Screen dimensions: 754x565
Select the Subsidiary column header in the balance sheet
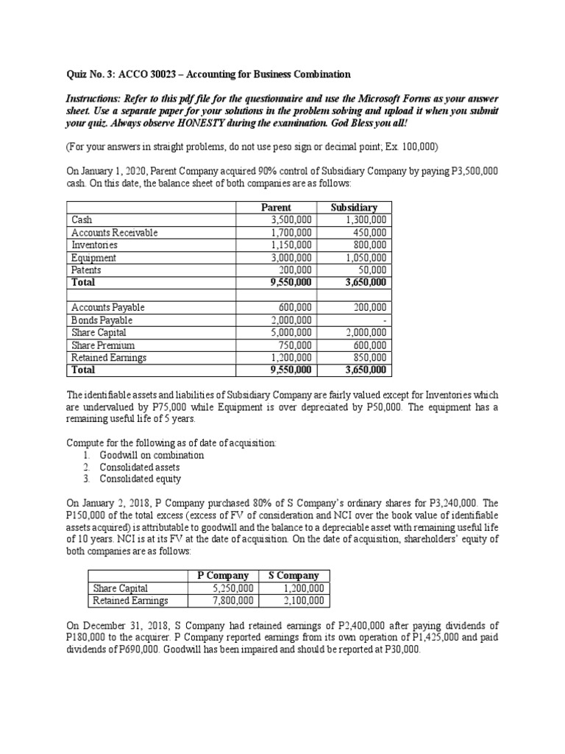coord(354,208)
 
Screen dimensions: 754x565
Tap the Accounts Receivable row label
coord(114,233)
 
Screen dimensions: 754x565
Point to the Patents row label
coord(87,270)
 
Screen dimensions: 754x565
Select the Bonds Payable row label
coord(102,320)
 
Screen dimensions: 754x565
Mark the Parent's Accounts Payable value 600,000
coord(296,307)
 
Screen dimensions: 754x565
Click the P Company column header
coord(227,575)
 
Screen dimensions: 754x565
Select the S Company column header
coord(294,575)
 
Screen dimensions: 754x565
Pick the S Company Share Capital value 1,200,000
coord(302,588)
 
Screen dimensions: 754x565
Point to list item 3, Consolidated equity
coord(140,479)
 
